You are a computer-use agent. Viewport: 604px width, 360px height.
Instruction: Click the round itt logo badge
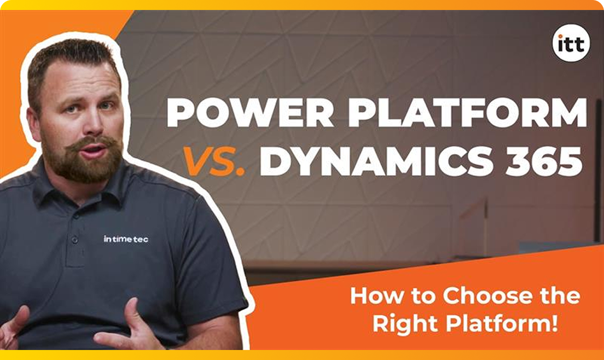coord(571,43)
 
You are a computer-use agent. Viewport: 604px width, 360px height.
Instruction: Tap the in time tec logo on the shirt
coord(126,239)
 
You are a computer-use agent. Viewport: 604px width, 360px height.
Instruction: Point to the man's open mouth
coord(93,151)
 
